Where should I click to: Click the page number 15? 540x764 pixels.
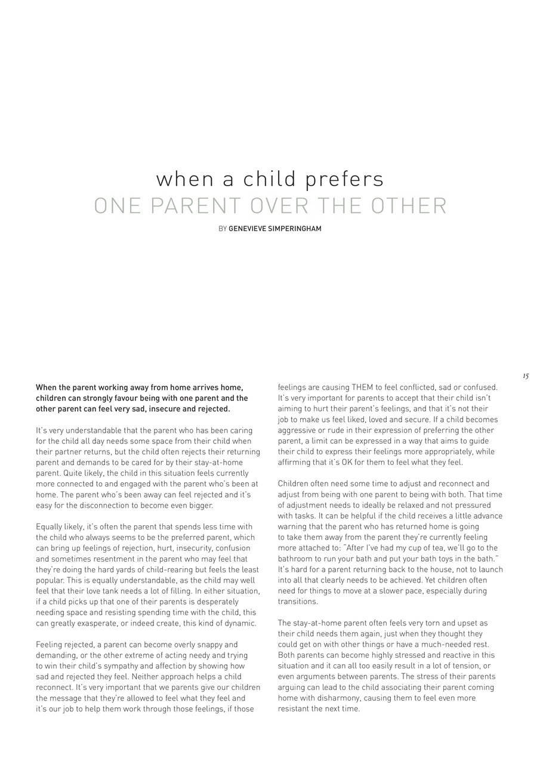tap(525, 376)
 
